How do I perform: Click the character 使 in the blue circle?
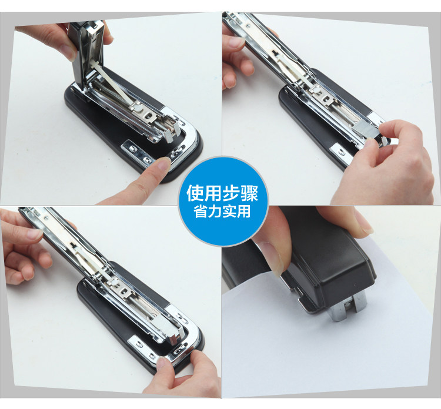pyautogui.click(x=196, y=193)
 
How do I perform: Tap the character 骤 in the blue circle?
pyautogui.click(x=249, y=193)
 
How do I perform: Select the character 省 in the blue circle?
pyautogui.click(x=201, y=212)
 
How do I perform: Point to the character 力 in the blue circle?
pyautogui.click(x=215, y=212)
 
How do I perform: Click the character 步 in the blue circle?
pyautogui.click(x=231, y=193)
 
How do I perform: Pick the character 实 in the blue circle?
pyautogui.click(x=229, y=212)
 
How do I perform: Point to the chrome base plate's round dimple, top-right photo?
pyautogui.click(x=342, y=152)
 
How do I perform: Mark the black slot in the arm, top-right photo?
pyautogui.click(x=275, y=53)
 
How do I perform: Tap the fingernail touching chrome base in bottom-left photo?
pyautogui.click(x=162, y=365)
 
